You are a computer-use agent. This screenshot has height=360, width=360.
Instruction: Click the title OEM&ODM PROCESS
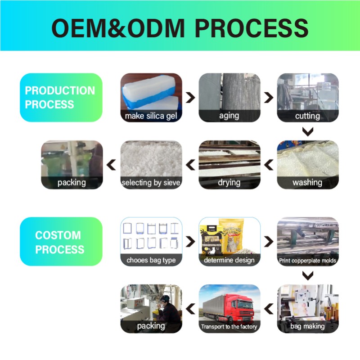tap(180, 28)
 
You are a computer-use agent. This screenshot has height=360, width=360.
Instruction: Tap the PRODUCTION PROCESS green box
tap(61, 97)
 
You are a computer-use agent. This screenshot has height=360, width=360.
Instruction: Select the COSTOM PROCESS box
tap(61, 242)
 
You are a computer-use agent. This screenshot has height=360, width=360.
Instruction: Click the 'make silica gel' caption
tap(151, 116)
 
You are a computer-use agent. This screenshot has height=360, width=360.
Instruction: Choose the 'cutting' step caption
tap(307, 116)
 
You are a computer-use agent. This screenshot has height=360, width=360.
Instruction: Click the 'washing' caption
tap(307, 182)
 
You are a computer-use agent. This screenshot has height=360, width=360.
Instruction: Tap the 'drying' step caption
tap(229, 182)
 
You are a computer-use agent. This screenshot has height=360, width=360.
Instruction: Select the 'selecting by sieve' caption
tap(151, 183)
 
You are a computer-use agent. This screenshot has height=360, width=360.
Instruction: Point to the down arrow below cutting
tap(308, 131)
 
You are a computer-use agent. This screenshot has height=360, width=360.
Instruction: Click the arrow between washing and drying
tap(269, 165)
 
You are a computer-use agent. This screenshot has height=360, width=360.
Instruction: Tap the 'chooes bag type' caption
tap(151, 260)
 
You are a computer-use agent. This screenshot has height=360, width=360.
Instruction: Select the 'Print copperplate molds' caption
tap(307, 260)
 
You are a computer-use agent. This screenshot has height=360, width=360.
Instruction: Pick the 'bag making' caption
tap(307, 326)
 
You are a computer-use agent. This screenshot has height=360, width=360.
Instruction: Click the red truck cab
tap(241, 307)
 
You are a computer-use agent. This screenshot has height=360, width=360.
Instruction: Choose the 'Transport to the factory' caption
tap(229, 327)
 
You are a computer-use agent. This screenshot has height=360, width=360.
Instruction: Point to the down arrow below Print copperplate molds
tap(308, 275)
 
